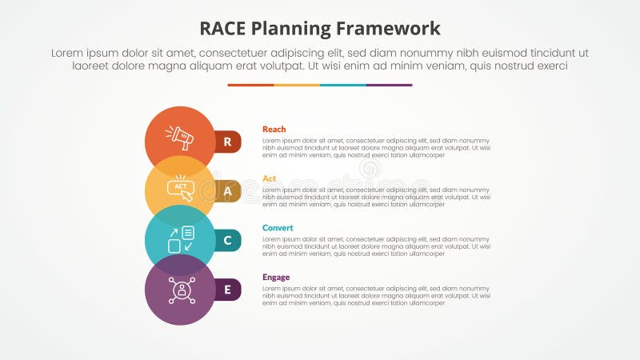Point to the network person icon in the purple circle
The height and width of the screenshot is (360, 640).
(x=180, y=289)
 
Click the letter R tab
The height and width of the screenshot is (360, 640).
(x=228, y=142)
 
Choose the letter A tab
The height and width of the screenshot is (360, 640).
(x=228, y=191)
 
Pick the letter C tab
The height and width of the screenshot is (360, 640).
(x=228, y=240)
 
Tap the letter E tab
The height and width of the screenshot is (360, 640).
(x=228, y=290)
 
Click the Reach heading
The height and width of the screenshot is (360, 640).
(x=274, y=129)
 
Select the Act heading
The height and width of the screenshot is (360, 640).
(x=269, y=178)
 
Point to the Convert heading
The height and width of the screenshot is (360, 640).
(x=278, y=228)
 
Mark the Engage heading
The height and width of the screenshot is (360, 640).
(x=276, y=278)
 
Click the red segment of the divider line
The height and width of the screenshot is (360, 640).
(x=250, y=85)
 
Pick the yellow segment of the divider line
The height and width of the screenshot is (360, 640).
(x=297, y=85)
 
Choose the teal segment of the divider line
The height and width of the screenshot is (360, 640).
(x=343, y=85)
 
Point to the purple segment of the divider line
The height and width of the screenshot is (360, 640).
(x=390, y=85)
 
